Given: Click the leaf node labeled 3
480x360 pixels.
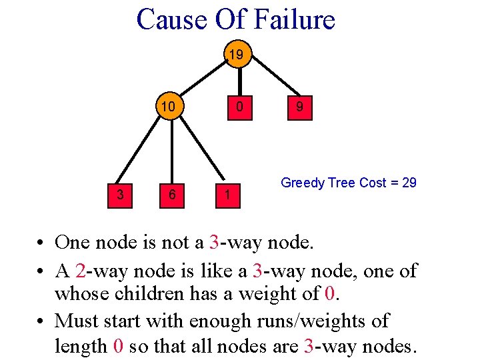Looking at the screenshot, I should coord(119,195).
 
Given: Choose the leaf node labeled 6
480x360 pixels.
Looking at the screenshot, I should coord(172,195).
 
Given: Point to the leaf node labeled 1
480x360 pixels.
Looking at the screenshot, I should coord(227,195).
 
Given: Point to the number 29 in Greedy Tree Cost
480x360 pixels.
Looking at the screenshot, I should coord(409,183).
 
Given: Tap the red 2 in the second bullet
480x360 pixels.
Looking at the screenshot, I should coord(81,271).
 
